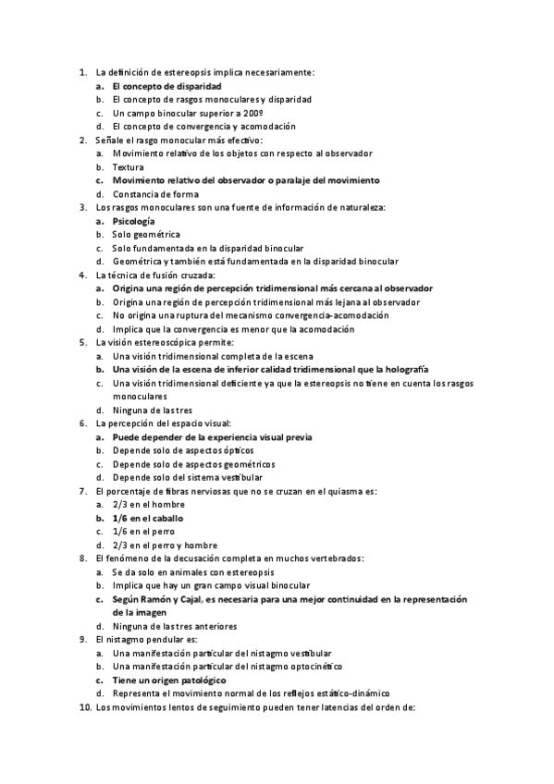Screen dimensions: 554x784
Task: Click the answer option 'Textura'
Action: [128, 166]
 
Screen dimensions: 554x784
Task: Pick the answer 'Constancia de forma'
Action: [155, 194]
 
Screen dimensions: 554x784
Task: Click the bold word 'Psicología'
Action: [133, 221]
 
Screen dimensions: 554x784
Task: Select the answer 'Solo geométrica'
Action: [146, 235]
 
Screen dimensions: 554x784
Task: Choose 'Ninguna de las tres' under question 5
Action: [152, 410]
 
